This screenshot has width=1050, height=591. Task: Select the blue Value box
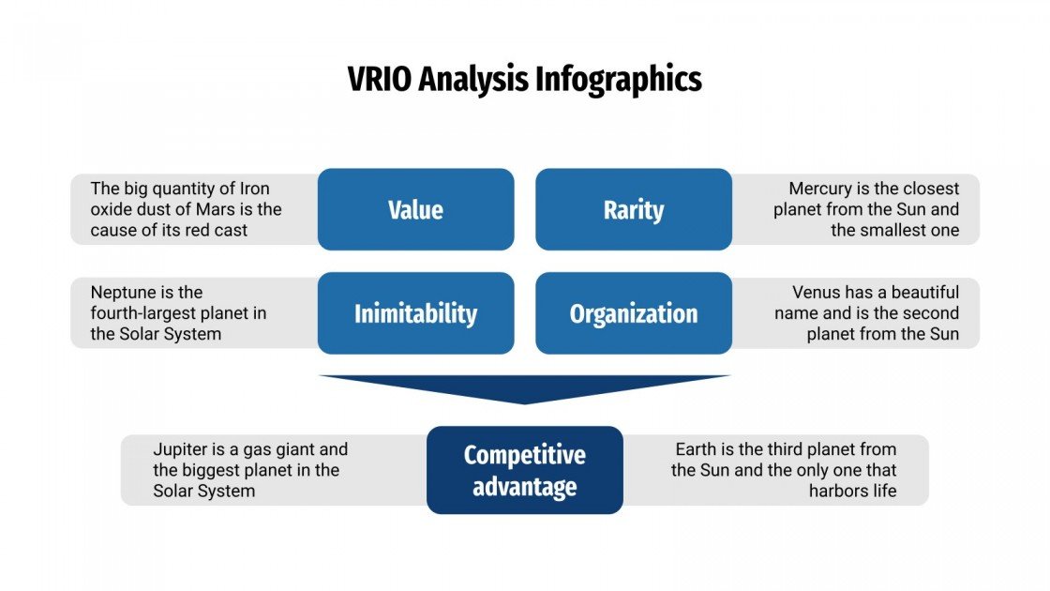tap(415, 209)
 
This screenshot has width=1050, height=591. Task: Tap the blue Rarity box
tap(634, 209)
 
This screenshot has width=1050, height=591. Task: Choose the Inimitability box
tap(415, 313)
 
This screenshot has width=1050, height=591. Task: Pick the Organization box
tap(634, 313)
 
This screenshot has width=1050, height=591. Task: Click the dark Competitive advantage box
tap(524, 470)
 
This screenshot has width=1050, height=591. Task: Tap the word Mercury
tap(822, 189)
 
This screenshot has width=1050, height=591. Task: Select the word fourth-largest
tap(148, 313)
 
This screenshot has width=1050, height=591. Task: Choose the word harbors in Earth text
tap(840, 491)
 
